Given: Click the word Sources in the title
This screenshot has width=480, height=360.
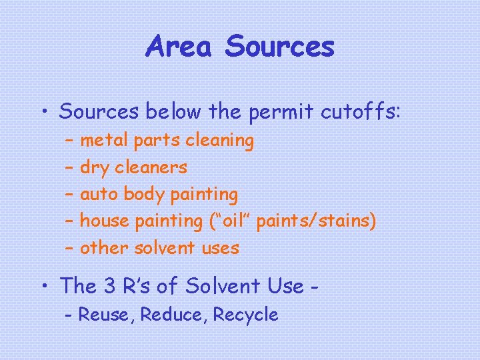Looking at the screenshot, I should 279,47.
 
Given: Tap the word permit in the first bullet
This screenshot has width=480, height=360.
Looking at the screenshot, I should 273,112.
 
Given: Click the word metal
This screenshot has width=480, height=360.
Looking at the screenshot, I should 105,141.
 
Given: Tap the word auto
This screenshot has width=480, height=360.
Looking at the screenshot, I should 100,195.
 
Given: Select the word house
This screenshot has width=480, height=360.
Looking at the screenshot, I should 104,221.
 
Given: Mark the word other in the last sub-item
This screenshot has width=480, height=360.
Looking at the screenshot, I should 104,248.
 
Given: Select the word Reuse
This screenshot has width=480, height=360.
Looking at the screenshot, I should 106,315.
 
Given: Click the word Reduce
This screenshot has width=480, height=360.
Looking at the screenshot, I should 173,315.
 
